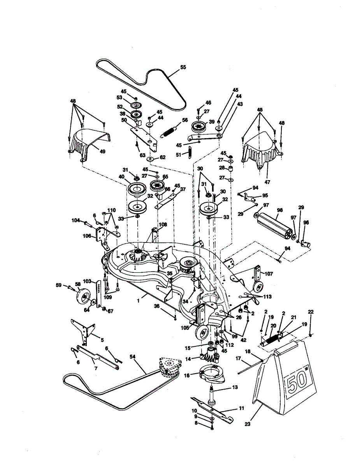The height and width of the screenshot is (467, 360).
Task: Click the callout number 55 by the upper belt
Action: click(x=183, y=67)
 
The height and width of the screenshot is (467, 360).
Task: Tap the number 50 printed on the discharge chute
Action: click(x=298, y=382)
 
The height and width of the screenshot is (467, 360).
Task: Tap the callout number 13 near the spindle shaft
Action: click(x=235, y=387)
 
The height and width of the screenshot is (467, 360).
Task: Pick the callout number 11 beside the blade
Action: click(x=241, y=408)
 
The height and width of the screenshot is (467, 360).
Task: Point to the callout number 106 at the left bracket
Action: click(x=87, y=236)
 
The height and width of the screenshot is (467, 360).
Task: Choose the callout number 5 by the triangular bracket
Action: click(x=102, y=339)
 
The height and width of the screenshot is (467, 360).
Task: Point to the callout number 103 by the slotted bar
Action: click(x=87, y=281)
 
